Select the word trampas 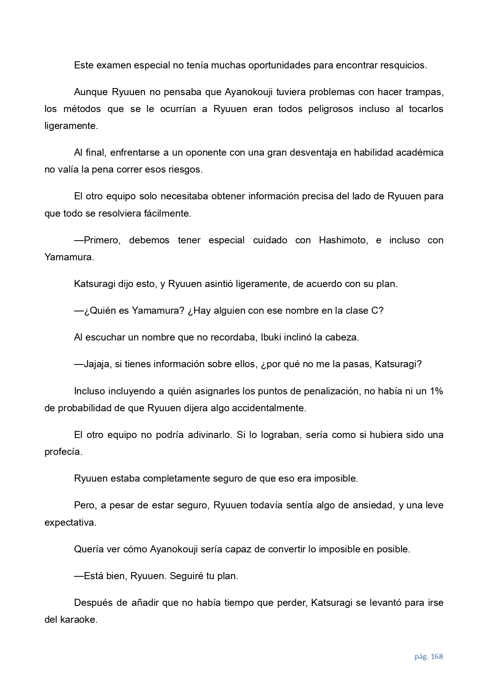[425, 92]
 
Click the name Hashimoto [343, 240]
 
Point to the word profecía [63, 452]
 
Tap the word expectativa [70, 523]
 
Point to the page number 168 [437, 657]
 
